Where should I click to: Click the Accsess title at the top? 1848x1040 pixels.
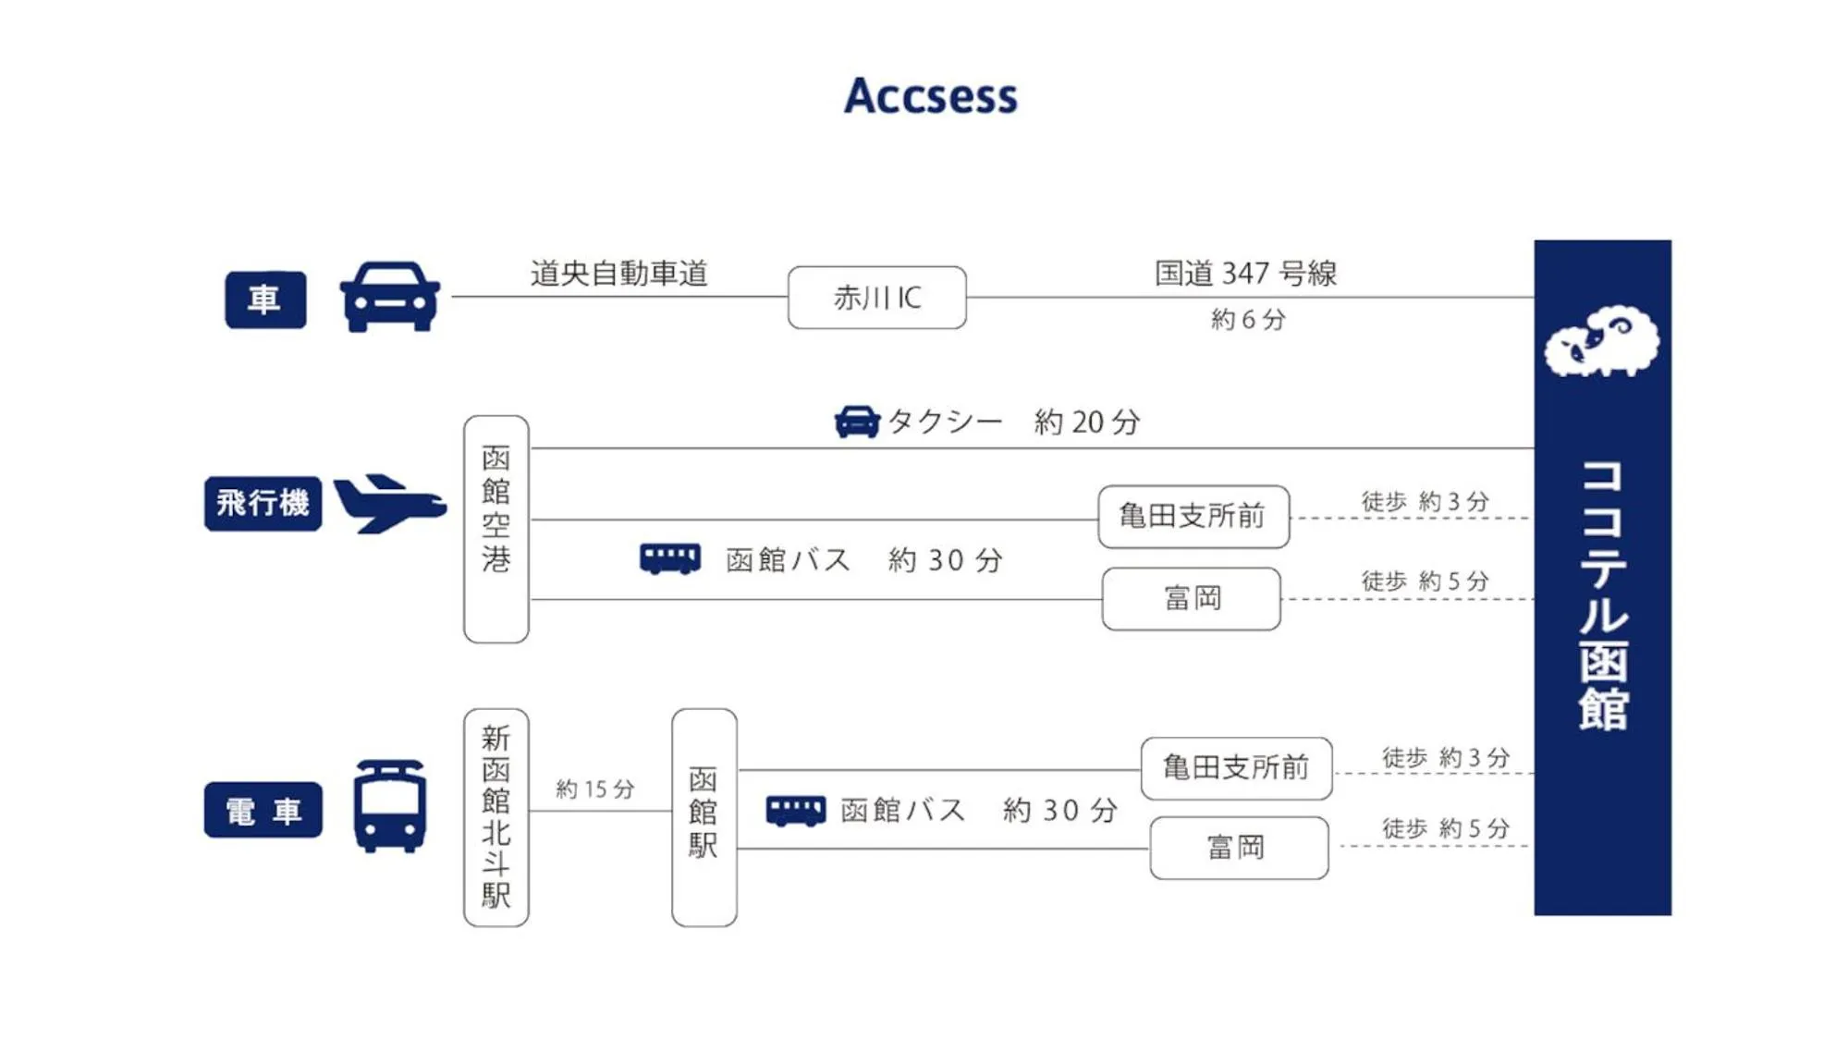(x=930, y=96)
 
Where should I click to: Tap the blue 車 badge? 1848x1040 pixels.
(x=265, y=300)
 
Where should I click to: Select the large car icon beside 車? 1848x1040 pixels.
(x=389, y=297)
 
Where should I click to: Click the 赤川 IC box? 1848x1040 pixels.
(x=876, y=298)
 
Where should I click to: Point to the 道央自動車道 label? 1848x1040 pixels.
(x=618, y=274)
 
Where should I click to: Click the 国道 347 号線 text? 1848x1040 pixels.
(x=1245, y=274)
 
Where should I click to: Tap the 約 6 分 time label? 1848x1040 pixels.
(x=1248, y=320)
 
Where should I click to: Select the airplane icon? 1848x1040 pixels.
(x=389, y=504)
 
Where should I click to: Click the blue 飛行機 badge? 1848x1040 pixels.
(x=263, y=504)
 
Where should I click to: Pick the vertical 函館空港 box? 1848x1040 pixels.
(x=496, y=529)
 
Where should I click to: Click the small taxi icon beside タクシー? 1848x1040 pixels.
(x=857, y=422)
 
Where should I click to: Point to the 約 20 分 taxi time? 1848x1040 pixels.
(x=1086, y=422)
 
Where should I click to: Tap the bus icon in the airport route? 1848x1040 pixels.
(x=669, y=559)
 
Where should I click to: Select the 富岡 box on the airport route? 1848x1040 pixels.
(x=1191, y=599)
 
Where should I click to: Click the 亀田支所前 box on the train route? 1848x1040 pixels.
(x=1236, y=768)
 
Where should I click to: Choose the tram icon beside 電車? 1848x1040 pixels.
(x=389, y=806)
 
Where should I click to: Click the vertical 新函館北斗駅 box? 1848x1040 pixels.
(x=496, y=817)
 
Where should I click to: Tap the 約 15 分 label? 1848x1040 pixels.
(x=594, y=789)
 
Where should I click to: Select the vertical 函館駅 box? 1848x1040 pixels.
(x=704, y=817)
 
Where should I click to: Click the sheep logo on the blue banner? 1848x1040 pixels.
(x=1601, y=342)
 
